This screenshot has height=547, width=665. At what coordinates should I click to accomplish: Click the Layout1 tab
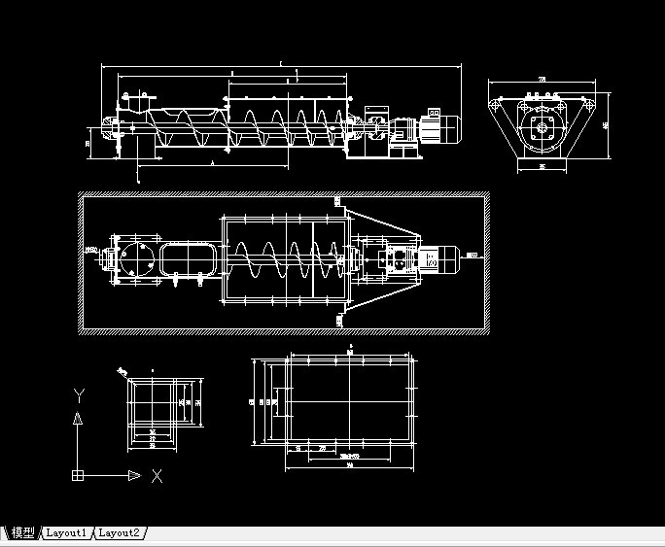[67, 532]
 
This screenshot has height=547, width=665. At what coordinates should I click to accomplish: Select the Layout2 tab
[121, 532]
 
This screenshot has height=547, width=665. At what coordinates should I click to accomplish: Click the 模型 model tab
[21, 532]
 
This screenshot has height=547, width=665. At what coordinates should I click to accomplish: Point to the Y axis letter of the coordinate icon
[78, 394]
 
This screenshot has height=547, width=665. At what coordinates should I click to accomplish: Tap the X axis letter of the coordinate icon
[157, 475]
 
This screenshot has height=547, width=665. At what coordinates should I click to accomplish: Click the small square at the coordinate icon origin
[78, 475]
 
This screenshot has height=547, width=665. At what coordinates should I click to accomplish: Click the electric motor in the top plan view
[444, 258]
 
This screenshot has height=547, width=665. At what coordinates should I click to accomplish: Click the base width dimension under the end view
[542, 166]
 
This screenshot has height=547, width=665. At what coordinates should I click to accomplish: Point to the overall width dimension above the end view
[542, 79]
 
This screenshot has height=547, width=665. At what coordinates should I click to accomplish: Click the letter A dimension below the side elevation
[212, 165]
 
